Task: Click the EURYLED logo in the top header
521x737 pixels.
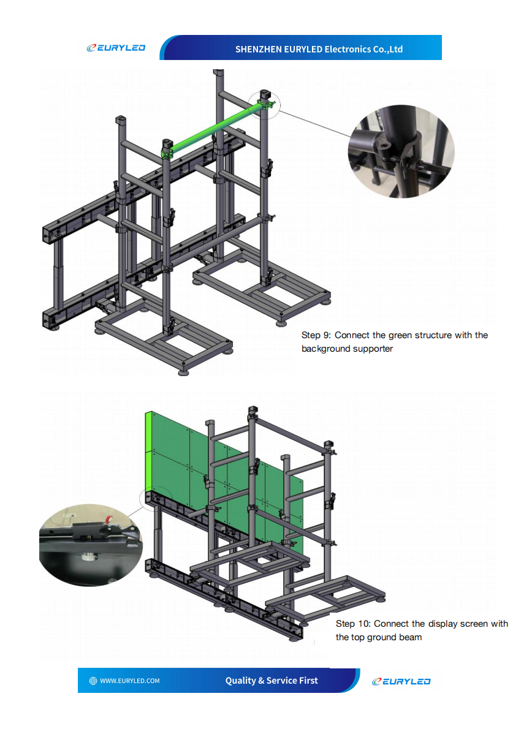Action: tap(115, 48)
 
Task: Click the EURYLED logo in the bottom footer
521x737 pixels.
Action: tap(401, 681)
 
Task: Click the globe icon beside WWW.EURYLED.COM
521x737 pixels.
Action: tap(93, 681)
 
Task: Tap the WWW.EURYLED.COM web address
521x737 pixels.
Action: tap(130, 681)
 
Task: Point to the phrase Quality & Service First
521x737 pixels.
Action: tap(272, 681)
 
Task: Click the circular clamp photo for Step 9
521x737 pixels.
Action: tap(401, 152)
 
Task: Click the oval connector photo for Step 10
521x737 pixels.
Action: tap(91, 545)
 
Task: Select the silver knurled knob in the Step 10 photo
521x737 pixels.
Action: tap(90, 557)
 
